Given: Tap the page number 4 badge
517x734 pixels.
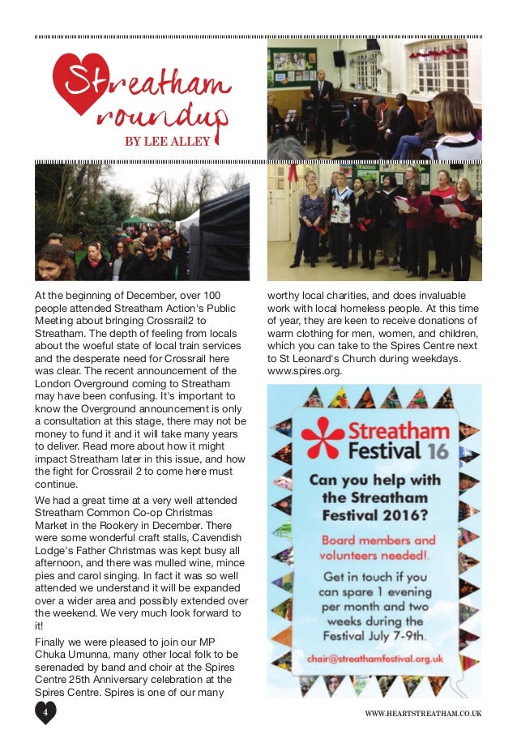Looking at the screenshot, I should [x=46, y=713].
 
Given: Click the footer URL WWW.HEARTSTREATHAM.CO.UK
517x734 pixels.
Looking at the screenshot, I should [x=423, y=713].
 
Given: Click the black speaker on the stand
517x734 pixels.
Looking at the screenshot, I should [x=339, y=58].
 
